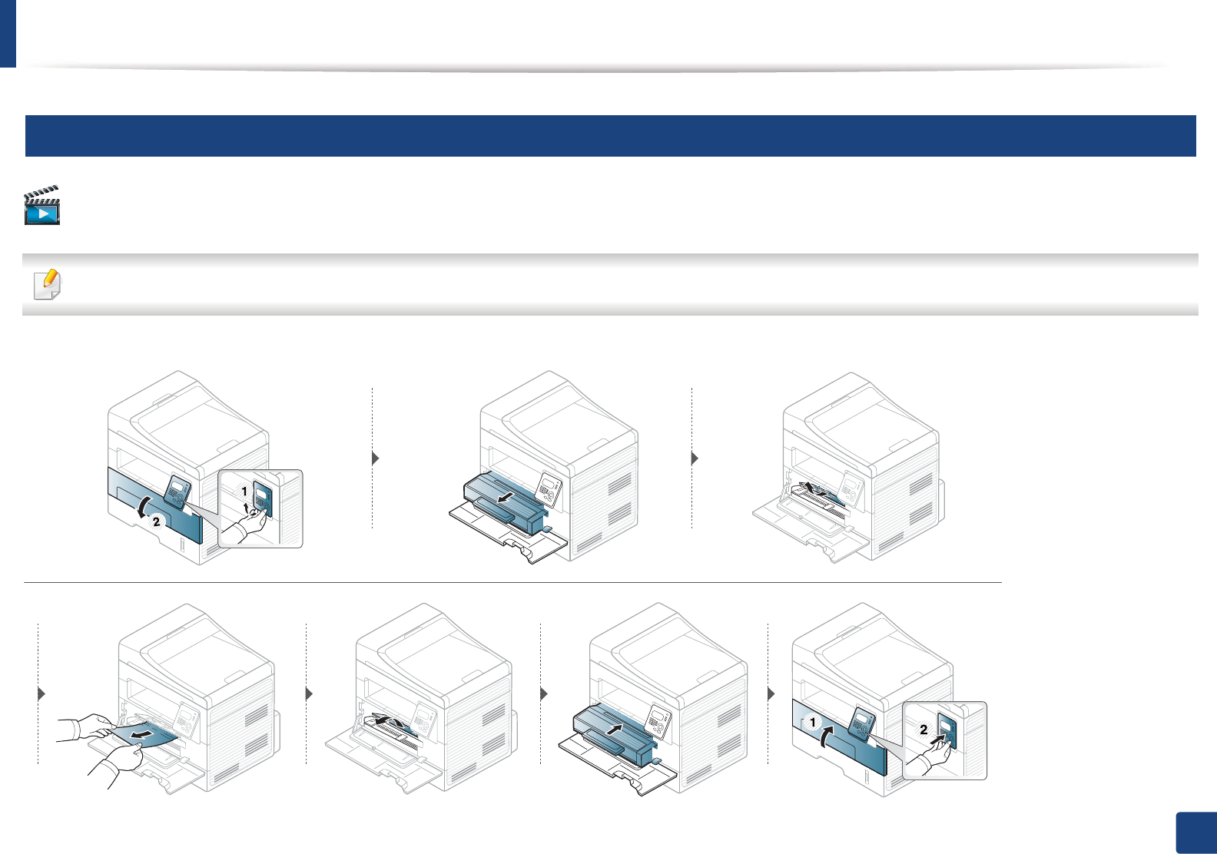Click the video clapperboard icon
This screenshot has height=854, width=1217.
(x=42, y=205)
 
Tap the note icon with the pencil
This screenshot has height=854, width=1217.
(x=48, y=285)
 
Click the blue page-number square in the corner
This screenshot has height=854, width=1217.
(x=1195, y=832)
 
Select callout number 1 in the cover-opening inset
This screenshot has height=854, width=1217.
(x=244, y=491)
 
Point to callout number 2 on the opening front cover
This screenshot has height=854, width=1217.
(x=157, y=521)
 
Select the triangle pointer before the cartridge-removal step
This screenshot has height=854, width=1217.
(x=376, y=458)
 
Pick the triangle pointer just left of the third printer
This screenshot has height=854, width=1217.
(x=695, y=458)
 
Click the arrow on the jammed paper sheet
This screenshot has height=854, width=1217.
(x=141, y=736)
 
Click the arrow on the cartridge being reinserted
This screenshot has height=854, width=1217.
(x=613, y=728)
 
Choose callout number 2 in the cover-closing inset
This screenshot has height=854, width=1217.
(x=924, y=730)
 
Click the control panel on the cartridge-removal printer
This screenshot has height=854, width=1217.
(x=549, y=486)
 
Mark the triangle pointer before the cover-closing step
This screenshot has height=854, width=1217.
(x=772, y=693)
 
